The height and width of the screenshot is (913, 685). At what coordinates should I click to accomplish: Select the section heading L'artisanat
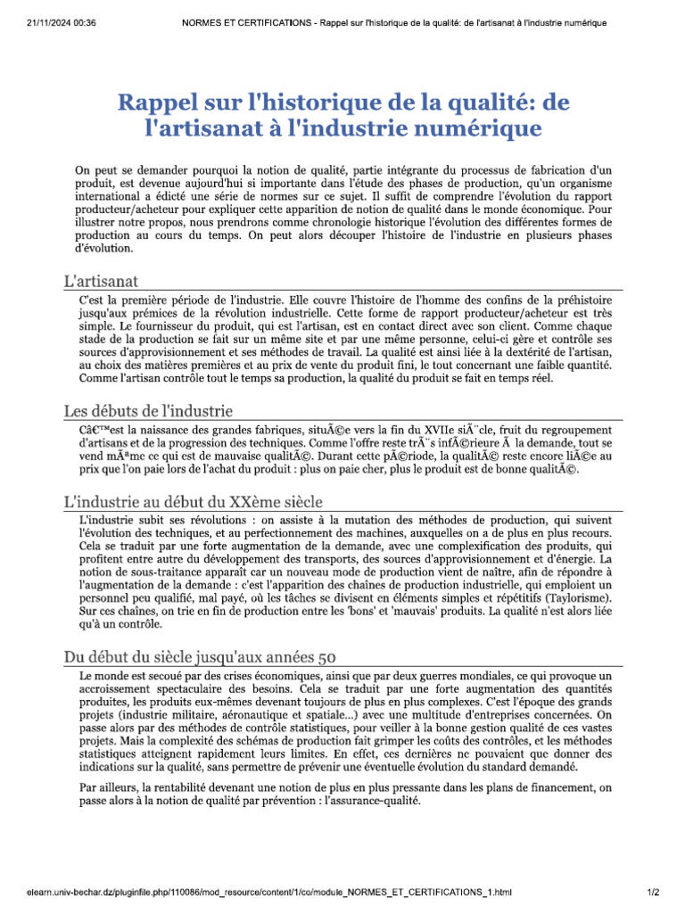tap(100, 280)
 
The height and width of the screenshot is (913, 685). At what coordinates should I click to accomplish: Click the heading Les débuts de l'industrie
tap(148, 411)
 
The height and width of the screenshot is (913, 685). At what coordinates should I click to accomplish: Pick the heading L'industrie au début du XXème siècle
tap(194, 501)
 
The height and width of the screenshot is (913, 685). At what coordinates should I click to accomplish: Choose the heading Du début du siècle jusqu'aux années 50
tap(200, 657)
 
